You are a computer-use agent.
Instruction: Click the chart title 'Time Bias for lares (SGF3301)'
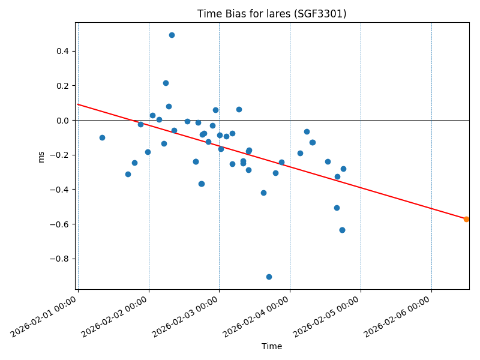(x=272, y=14)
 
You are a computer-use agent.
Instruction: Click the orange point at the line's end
(x=466, y=219)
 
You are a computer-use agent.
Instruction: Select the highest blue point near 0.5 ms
(x=172, y=35)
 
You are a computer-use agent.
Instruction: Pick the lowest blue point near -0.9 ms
(x=269, y=277)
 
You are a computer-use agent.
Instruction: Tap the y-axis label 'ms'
(x=41, y=157)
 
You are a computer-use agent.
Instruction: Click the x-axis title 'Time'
(x=272, y=346)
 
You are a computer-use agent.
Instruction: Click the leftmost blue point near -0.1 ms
(x=102, y=137)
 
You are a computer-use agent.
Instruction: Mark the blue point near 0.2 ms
(x=166, y=83)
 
